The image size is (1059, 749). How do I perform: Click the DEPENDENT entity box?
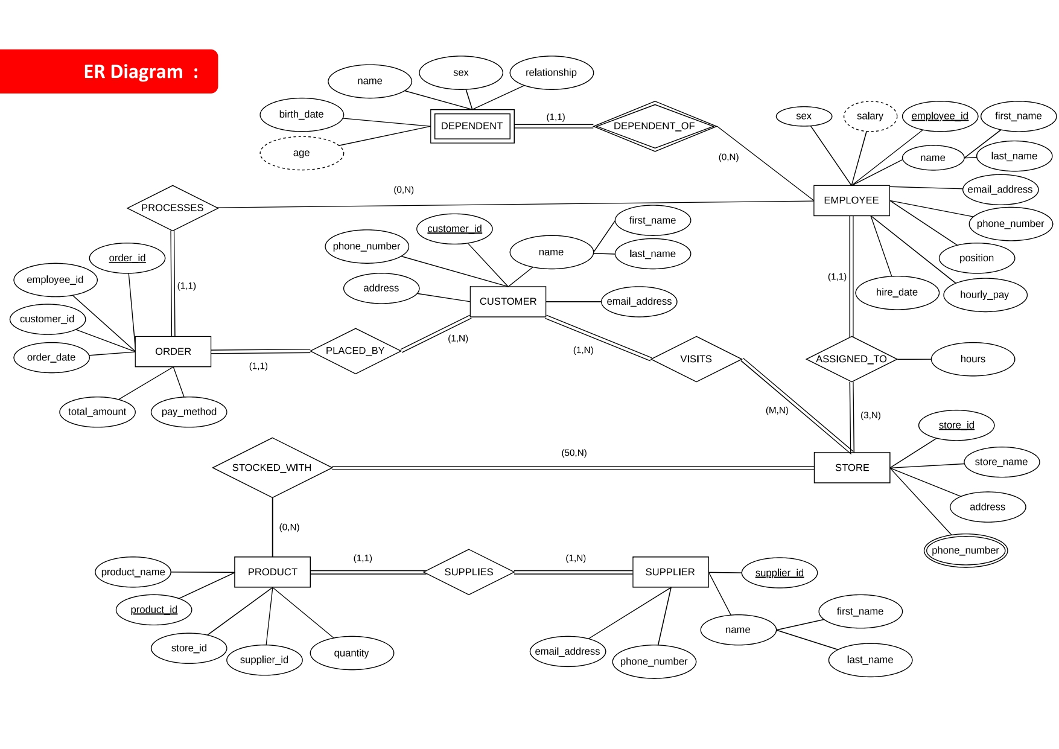(x=472, y=126)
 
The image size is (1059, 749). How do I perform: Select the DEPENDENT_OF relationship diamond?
(x=654, y=126)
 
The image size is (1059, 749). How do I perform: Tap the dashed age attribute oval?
(x=302, y=153)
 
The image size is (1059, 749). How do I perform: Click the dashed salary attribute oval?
(x=870, y=116)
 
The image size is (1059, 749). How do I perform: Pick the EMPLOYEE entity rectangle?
(x=851, y=200)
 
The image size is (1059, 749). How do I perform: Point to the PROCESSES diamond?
(x=173, y=208)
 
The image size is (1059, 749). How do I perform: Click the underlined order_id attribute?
(x=127, y=258)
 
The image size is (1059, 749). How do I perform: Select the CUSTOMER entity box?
(x=507, y=301)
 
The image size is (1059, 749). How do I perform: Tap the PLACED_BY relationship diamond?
(x=355, y=351)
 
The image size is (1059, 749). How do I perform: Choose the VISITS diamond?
(x=696, y=359)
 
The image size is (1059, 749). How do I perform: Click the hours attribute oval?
(x=972, y=359)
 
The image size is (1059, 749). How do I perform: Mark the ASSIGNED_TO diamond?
(x=851, y=359)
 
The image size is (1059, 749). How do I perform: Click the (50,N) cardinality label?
(x=574, y=453)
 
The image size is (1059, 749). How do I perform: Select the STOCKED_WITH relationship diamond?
(x=272, y=468)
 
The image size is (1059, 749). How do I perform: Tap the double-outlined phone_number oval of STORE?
(x=965, y=550)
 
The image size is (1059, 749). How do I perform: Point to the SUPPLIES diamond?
(x=469, y=572)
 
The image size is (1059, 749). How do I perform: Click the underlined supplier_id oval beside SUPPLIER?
(x=779, y=573)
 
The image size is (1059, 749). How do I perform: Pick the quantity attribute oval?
(x=351, y=653)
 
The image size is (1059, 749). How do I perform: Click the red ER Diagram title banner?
(x=109, y=72)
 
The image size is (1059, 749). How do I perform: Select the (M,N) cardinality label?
(x=777, y=410)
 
